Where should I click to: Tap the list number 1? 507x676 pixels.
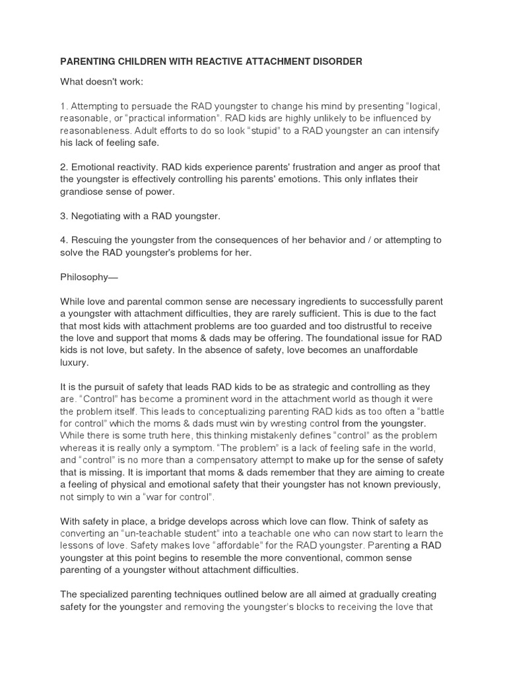click(x=63, y=106)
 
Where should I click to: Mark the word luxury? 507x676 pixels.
click(x=74, y=362)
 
